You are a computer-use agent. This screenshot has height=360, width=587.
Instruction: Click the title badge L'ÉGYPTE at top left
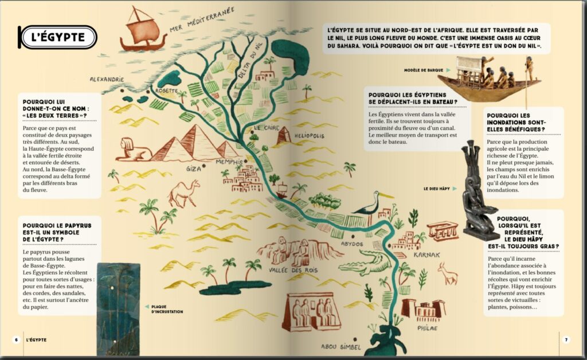pos(58,37)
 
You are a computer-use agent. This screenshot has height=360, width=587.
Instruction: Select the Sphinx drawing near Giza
pos(132,150)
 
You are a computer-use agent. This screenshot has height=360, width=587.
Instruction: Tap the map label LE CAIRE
pos(267,127)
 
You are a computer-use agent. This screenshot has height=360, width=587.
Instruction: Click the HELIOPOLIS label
pos(309,136)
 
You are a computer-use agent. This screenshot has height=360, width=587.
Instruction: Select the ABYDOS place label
pos(352,244)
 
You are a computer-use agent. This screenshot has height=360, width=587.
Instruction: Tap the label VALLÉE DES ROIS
pos(286,269)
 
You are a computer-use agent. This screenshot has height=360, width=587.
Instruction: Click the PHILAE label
pos(428,327)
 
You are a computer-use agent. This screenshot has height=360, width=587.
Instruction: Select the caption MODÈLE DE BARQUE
pos(424,70)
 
